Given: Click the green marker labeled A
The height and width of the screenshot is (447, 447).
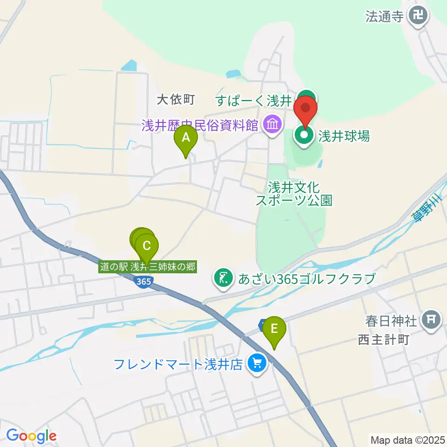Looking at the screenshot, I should pyautogui.click(x=186, y=138).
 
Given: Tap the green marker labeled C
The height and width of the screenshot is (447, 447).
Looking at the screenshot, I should pyautogui.click(x=147, y=245).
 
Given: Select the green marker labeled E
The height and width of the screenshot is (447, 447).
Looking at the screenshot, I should pyautogui.click(x=274, y=329).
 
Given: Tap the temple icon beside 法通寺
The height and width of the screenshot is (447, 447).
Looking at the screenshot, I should pyautogui.click(x=418, y=17).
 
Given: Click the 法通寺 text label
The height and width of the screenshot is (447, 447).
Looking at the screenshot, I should pyautogui.click(x=384, y=17).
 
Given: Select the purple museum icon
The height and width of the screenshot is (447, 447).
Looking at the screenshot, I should pyautogui.click(x=271, y=124).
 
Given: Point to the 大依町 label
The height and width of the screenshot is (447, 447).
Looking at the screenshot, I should pyautogui.click(x=175, y=99).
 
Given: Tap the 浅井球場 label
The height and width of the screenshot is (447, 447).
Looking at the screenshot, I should pyautogui.click(x=344, y=136).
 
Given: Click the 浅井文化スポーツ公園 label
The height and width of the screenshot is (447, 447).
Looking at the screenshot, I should pyautogui.click(x=294, y=194).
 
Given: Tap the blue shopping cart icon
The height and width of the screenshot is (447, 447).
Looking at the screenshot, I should pyautogui.click(x=257, y=363).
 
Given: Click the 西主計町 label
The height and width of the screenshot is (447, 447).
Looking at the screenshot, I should pyautogui.click(x=383, y=339).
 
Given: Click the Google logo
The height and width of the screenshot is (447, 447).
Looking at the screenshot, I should pyautogui.click(x=31, y=435).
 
